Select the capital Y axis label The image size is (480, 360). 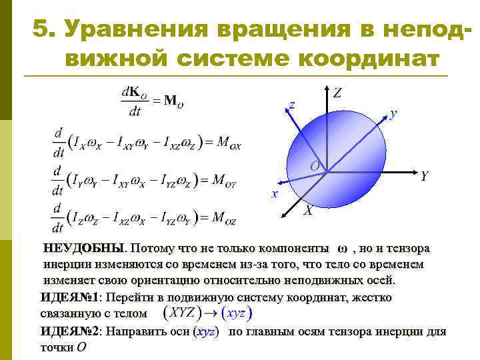[424, 176]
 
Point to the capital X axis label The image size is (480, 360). [308, 211]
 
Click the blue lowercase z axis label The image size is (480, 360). [291, 105]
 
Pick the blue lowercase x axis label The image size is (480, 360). [273, 194]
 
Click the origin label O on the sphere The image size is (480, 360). [314, 165]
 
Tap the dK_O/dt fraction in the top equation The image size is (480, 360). [135, 100]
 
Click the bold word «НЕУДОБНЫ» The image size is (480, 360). [83, 249]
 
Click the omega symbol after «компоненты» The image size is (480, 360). [343, 249]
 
